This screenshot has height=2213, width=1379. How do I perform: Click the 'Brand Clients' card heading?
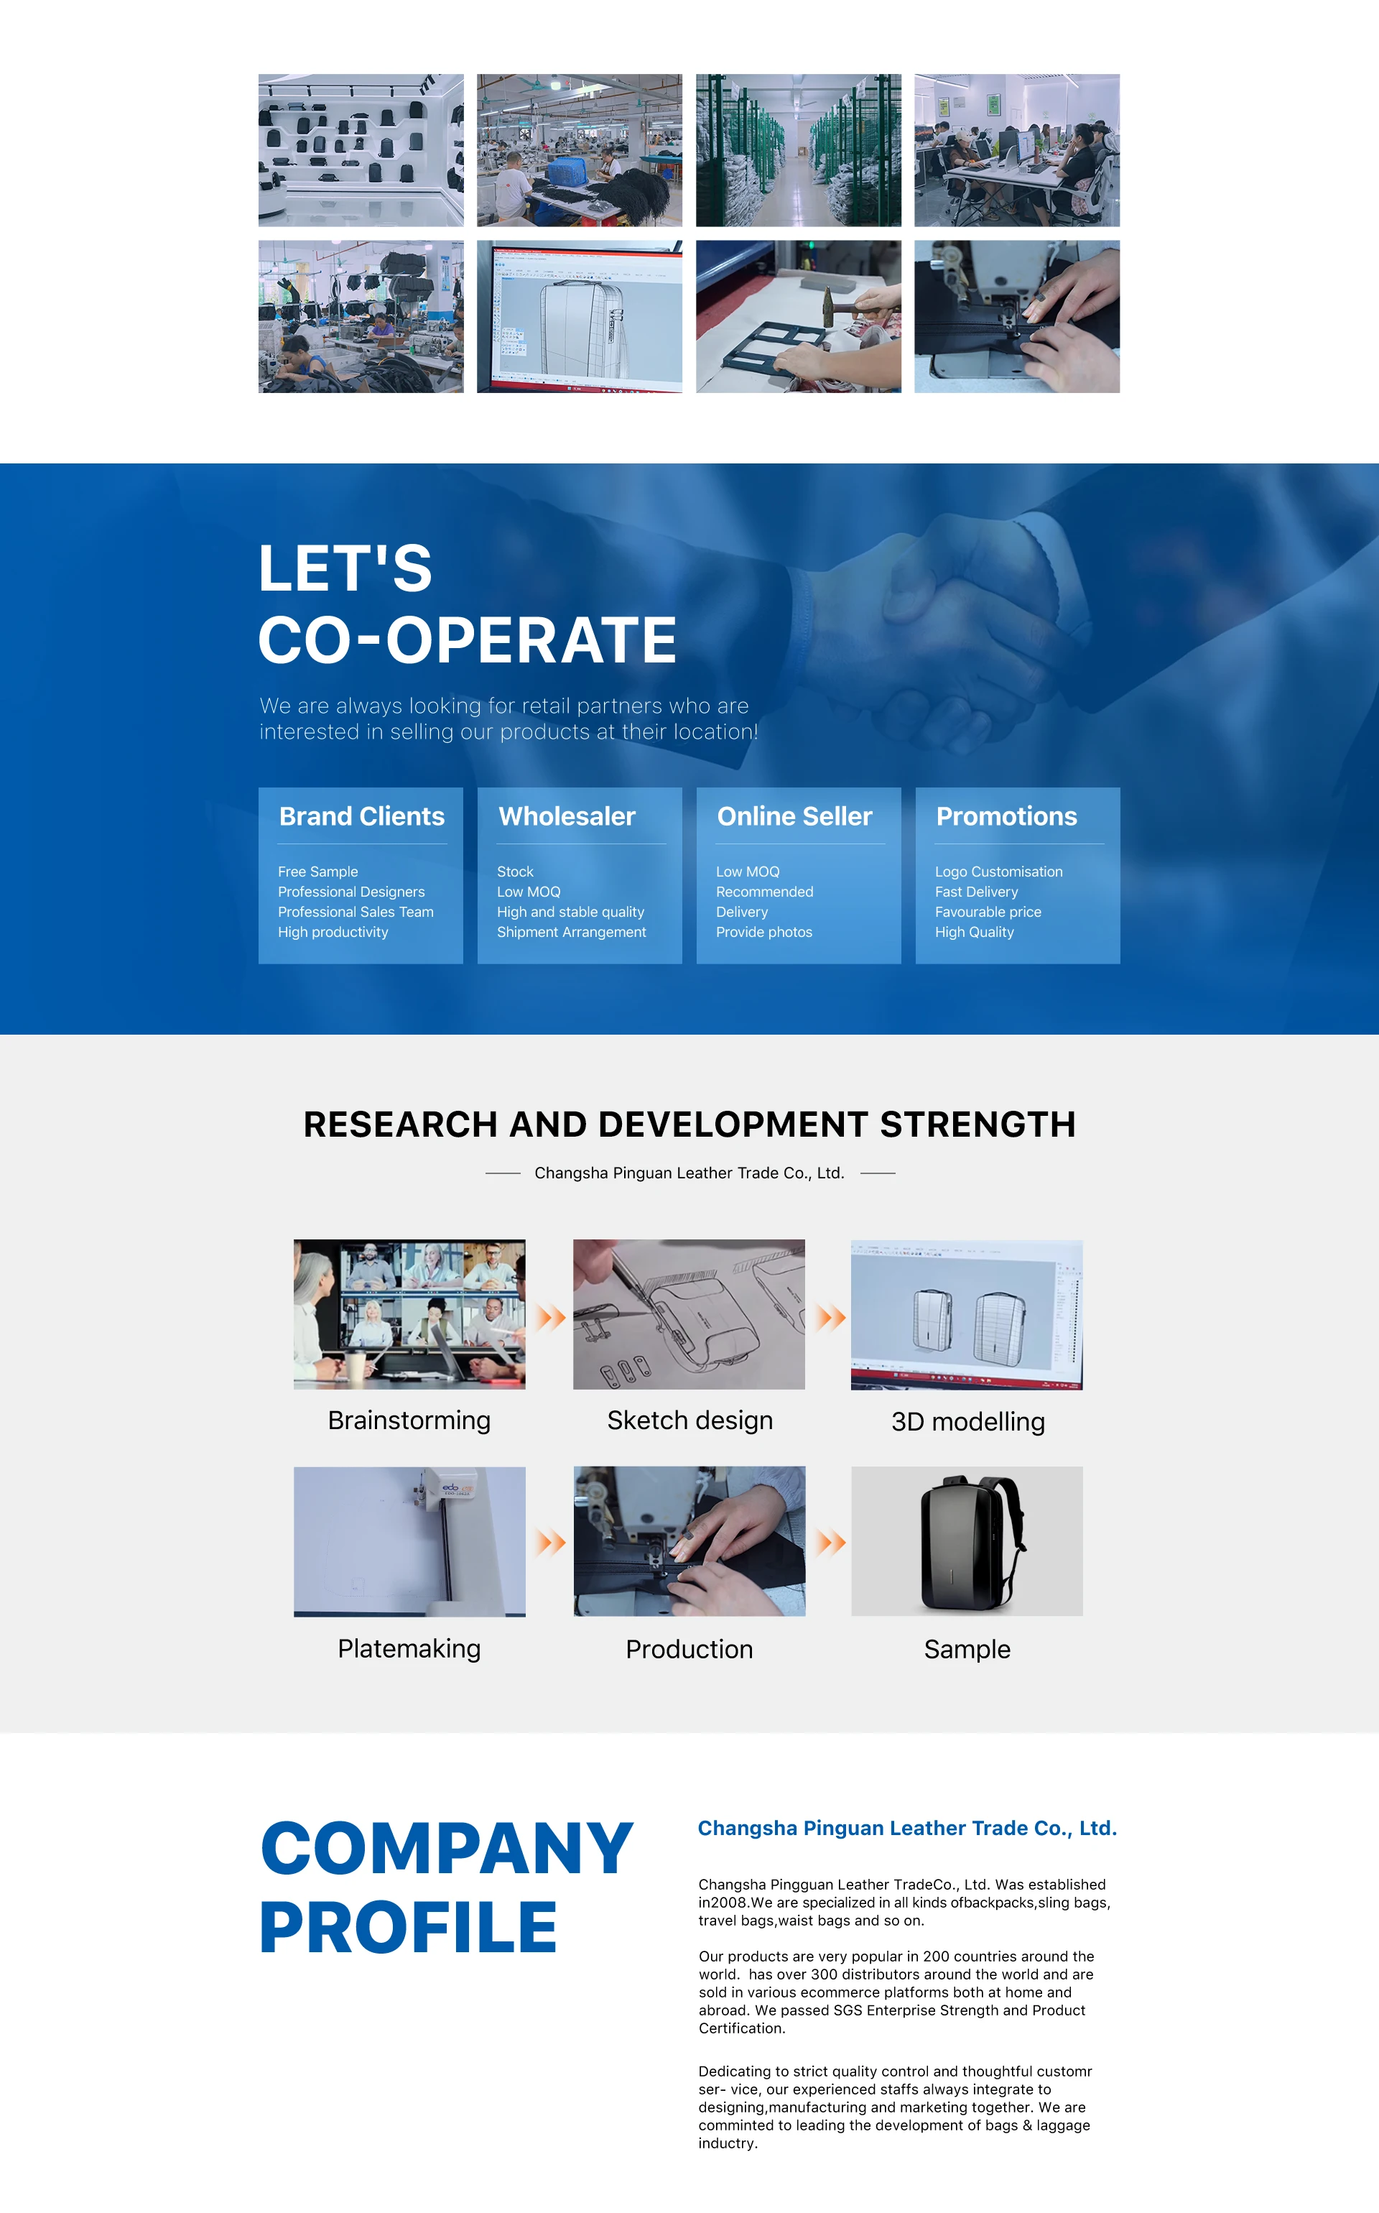tap(361, 816)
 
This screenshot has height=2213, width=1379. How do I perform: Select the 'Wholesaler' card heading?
tap(567, 816)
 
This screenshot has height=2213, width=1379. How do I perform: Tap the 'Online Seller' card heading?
tap(794, 816)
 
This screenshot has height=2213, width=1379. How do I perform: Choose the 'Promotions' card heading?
tap(1006, 816)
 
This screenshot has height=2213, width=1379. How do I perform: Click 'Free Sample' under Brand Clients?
tap(317, 872)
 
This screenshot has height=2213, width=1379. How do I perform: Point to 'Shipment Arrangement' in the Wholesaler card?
tap(571, 933)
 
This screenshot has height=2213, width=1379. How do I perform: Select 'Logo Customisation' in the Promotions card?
tap(998, 872)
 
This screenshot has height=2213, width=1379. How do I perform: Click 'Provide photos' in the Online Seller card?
tap(763, 933)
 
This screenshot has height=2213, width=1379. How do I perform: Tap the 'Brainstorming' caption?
tap(409, 1420)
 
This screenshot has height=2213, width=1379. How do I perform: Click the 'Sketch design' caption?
tap(689, 1420)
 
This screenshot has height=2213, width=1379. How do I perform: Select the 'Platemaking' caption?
tap(409, 1648)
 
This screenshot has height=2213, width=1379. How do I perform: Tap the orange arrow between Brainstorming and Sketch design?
tap(551, 1317)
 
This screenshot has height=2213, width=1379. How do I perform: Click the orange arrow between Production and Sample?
tap(831, 1543)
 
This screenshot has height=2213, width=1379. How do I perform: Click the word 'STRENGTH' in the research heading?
tap(978, 1124)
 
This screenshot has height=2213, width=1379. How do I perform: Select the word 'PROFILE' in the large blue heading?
tap(409, 1928)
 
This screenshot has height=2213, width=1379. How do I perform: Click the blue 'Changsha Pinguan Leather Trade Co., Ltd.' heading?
tap(907, 1828)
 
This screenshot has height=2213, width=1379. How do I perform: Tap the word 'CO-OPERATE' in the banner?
tap(467, 639)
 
